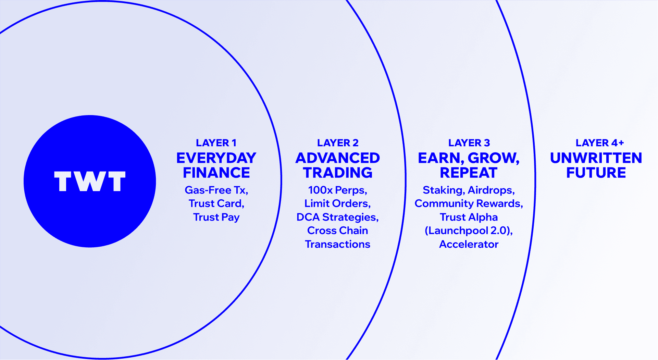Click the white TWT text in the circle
(x=90, y=181)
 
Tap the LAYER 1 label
(x=216, y=142)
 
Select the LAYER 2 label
(x=338, y=142)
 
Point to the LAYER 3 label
(x=469, y=142)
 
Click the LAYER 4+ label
(x=599, y=142)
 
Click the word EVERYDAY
(x=216, y=158)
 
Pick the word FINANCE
(x=216, y=173)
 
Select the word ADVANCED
(x=338, y=158)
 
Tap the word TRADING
(x=338, y=173)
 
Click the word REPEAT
(x=469, y=173)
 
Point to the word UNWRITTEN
(x=596, y=158)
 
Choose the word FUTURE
(x=596, y=173)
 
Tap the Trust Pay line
(x=216, y=217)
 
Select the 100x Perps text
(x=337, y=190)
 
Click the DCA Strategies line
(x=337, y=217)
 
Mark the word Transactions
(x=337, y=244)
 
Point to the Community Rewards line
(x=469, y=203)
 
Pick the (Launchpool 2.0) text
(x=468, y=231)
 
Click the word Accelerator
(x=469, y=244)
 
